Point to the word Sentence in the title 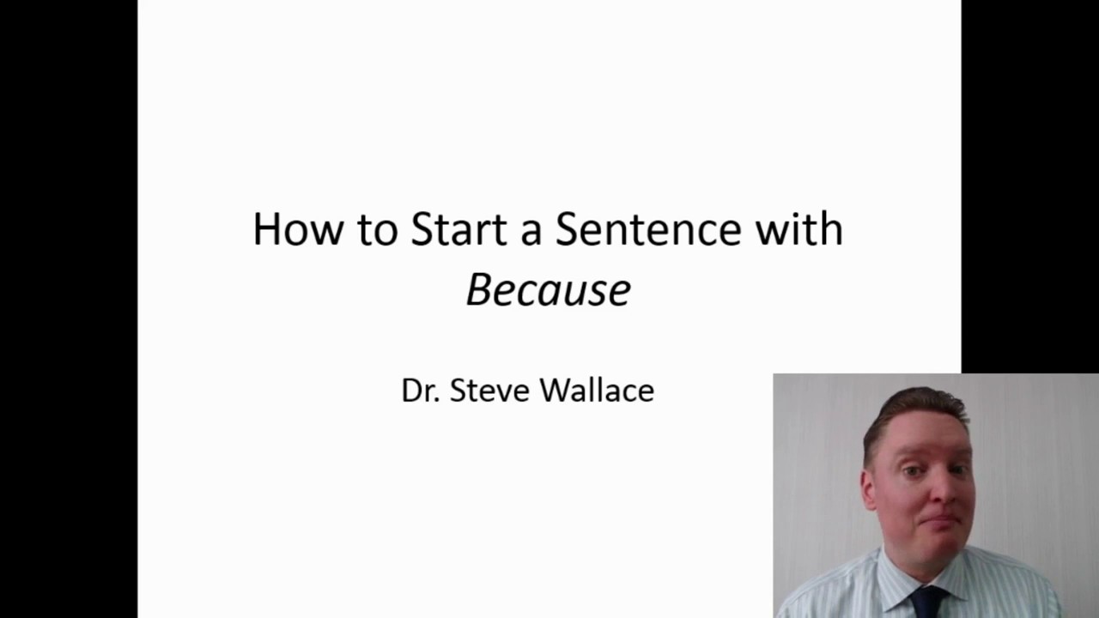[x=647, y=229]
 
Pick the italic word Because [x=549, y=290]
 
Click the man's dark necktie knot [x=926, y=598]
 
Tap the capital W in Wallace [x=556, y=391]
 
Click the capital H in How [x=267, y=229]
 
